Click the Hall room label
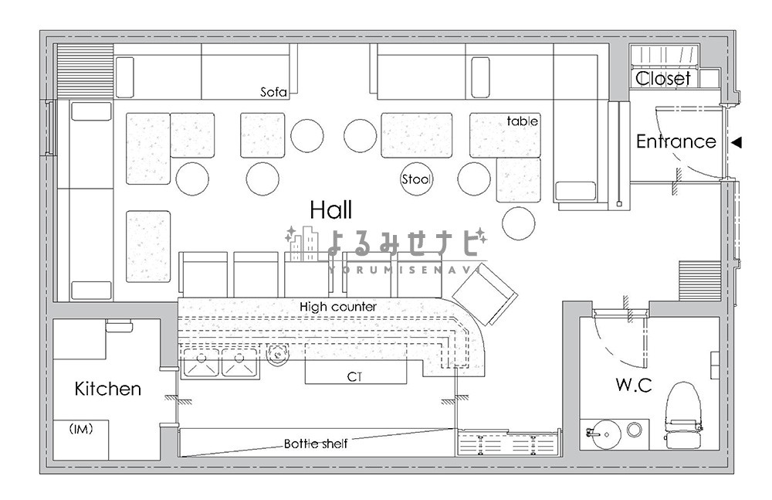[331, 210]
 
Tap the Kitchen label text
[108, 389]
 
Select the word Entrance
[676, 141]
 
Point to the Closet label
[662, 78]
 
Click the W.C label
[634, 385]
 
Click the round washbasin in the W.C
[607, 434]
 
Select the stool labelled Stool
[417, 179]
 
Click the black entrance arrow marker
[736, 142]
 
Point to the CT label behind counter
[354, 376]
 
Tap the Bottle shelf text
[316, 444]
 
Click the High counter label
[338, 307]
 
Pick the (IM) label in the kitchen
[81, 429]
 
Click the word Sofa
[273, 92]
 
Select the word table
[523, 121]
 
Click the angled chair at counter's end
[485, 294]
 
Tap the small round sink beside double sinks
[277, 355]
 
